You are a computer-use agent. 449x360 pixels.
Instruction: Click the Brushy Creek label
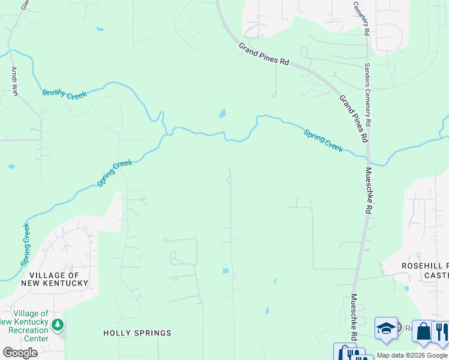[x=65, y=94]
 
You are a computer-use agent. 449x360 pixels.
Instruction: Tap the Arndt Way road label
[x=14, y=81]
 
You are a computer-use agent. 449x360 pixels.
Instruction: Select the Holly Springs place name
[x=137, y=333]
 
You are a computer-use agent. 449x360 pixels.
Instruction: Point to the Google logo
[x=20, y=353]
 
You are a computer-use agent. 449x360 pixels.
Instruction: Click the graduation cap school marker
[x=386, y=328]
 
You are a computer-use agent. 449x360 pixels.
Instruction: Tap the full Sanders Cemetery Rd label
[x=367, y=94]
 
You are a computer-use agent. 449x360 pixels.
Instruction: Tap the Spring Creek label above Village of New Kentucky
[x=115, y=173]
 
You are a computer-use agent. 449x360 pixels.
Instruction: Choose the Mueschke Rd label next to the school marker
[x=354, y=317]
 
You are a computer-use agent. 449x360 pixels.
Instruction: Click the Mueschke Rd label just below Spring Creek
[x=369, y=190]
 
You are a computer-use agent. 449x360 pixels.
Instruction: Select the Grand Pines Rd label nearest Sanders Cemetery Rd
[x=354, y=118]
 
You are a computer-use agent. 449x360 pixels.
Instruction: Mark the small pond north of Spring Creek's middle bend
[x=222, y=113]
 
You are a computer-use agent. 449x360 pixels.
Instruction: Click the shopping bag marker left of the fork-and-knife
[x=423, y=332]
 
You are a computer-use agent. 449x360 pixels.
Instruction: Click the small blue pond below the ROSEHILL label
[x=407, y=289]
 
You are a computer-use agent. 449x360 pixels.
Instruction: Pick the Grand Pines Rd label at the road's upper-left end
[x=264, y=54]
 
